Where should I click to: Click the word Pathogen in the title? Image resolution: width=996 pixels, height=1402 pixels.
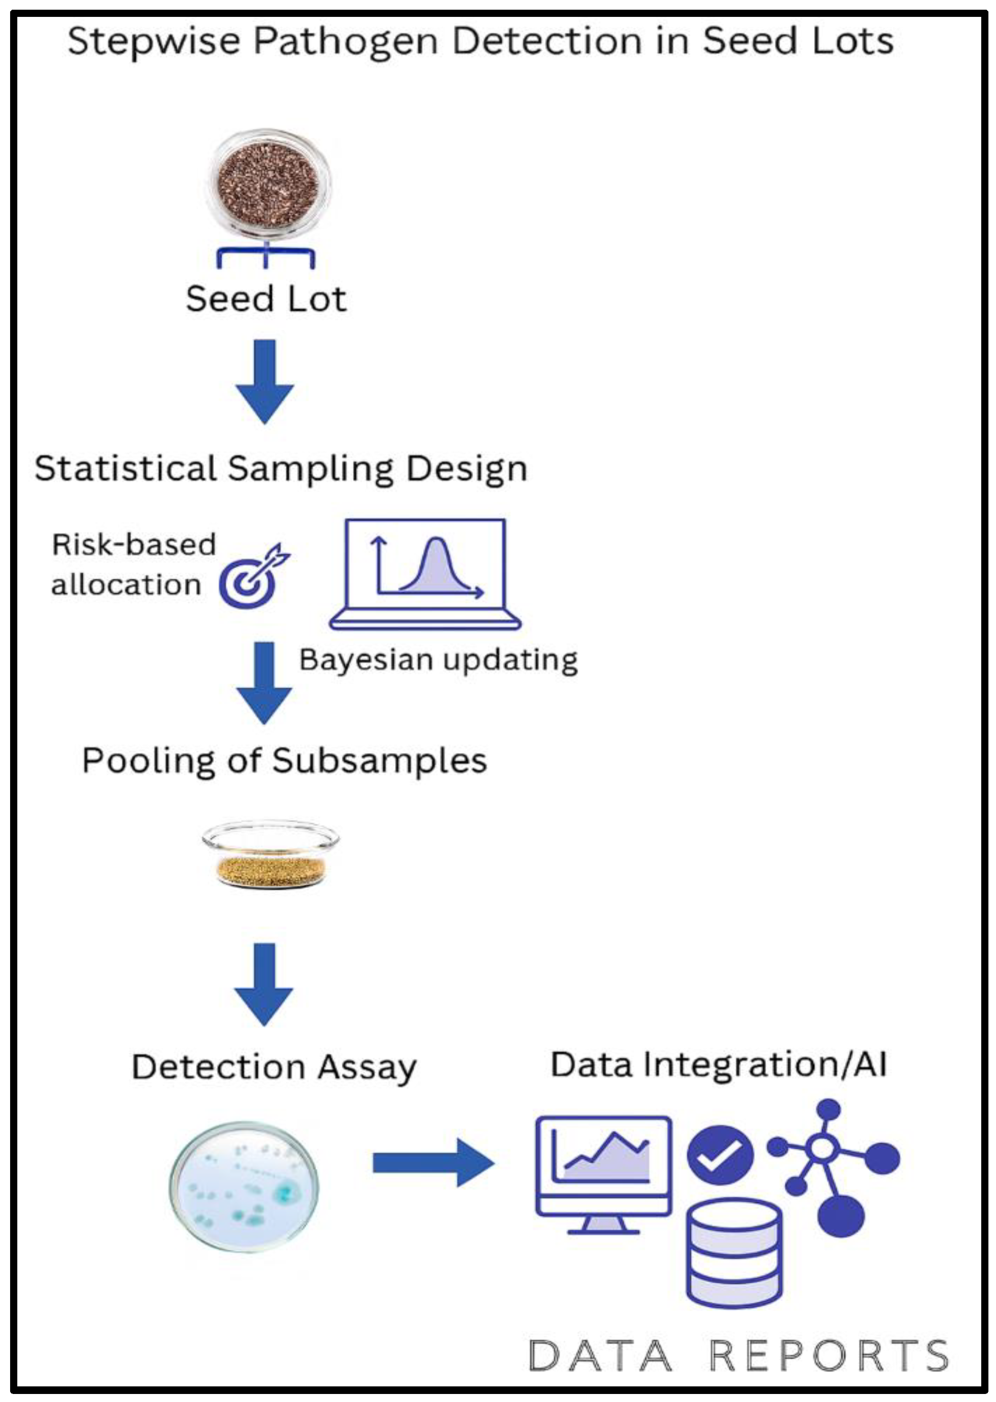click(x=346, y=42)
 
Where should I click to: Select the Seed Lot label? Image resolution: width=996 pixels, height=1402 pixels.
click(x=266, y=299)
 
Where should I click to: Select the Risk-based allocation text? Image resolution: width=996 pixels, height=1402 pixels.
click(x=132, y=564)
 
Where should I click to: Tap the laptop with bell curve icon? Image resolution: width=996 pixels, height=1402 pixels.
click(x=425, y=574)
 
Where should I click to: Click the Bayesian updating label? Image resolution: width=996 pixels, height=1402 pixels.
click(x=438, y=661)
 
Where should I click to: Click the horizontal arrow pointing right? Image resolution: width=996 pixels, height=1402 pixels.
click(x=432, y=1163)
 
